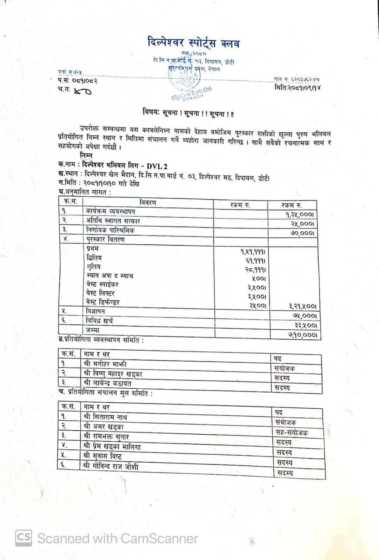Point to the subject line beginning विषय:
(188, 113)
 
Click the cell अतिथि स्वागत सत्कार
(113, 221)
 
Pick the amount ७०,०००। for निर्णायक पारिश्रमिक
(302, 233)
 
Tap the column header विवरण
(148, 203)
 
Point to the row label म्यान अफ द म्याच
(109, 276)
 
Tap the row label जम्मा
(93, 330)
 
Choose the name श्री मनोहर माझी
(105, 364)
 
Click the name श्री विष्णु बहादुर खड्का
(113, 374)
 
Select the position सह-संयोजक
(292, 433)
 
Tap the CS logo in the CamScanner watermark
(24, 538)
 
